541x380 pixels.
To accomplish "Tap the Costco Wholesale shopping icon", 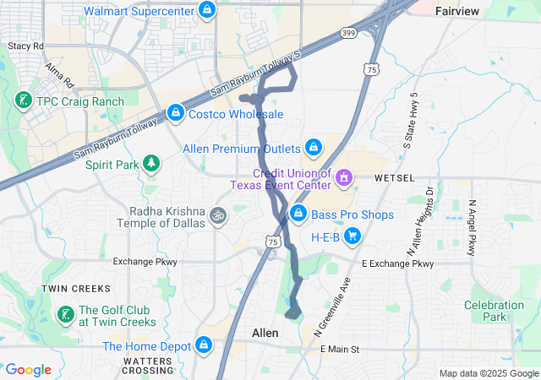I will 176,112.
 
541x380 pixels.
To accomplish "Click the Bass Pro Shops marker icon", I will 298,214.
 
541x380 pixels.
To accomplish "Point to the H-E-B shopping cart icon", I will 352,237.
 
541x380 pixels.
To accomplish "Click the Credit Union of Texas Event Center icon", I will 344,178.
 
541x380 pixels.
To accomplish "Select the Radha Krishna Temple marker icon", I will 217,215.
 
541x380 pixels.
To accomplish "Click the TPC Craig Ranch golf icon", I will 21,101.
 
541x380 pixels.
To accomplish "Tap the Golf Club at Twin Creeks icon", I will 65,315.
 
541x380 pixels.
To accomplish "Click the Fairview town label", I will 457,11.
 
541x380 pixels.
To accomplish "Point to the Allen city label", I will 265,334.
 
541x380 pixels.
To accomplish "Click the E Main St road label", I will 336,349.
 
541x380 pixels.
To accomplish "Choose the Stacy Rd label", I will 25,46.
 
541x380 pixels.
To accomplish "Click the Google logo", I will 28,370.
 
